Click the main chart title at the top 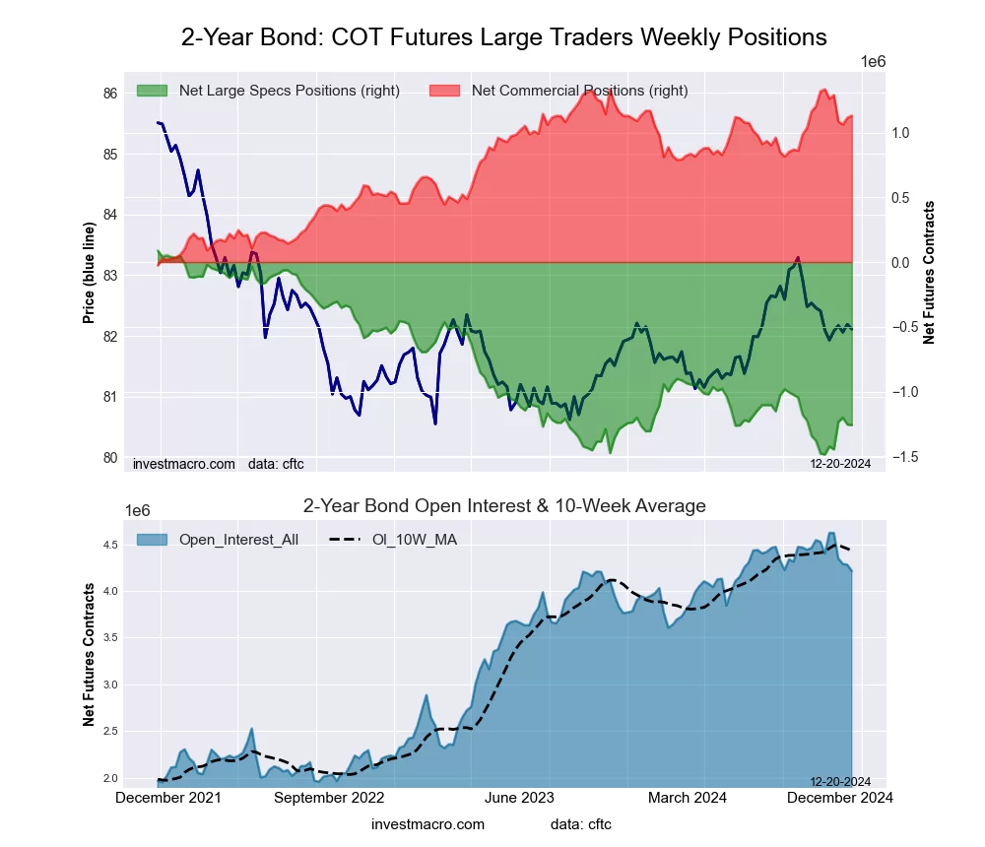pyautogui.click(x=503, y=37)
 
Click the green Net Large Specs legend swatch pyautogui.click(x=153, y=91)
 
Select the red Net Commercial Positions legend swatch pyautogui.click(x=445, y=91)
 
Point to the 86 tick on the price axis pyautogui.click(x=110, y=94)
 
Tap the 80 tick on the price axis pyautogui.click(x=110, y=457)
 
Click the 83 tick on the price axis pyautogui.click(x=110, y=275)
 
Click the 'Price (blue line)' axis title pyautogui.click(x=89, y=274)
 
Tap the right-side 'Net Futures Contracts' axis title pyautogui.click(x=929, y=273)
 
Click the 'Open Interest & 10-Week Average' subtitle pyautogui.click(x=504, y=506)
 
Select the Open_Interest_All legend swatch pyautogui.click(x=153, y=539)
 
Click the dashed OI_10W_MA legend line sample pyautogui.click(x=349, y=539)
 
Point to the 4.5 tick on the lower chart pyautogui.click(x=110, y=545)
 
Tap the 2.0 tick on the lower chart pyautogui.click(x=110, y=778)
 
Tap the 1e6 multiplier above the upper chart pyautogui.click(x=874, y=62)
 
